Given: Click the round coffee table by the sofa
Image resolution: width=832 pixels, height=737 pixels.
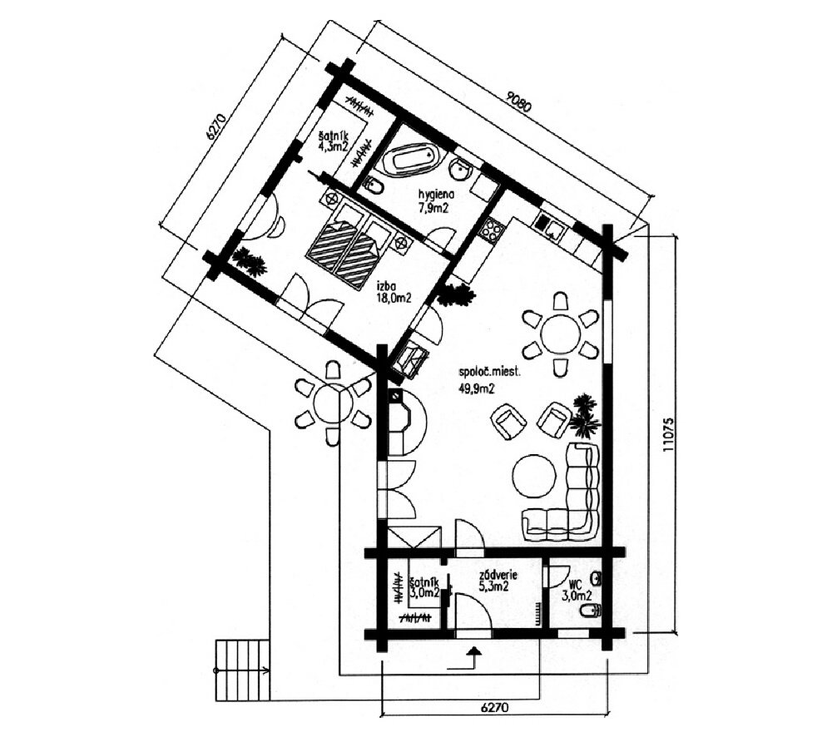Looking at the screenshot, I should [533, 476].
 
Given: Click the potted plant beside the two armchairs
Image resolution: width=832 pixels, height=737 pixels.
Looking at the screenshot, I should [585, 416].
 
